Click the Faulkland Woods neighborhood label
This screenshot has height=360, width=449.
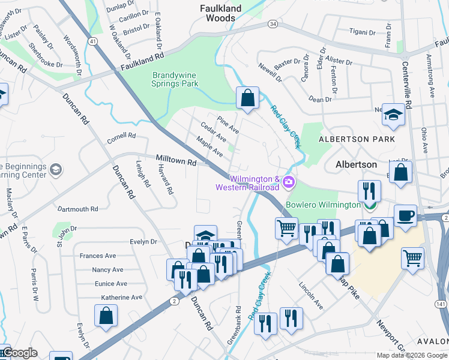(x=220, y=13)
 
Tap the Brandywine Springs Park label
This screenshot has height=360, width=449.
(x=175, y=79)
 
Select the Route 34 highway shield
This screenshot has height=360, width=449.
(x=273, y=23)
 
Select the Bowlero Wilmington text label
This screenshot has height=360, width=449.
(x=323, y=205)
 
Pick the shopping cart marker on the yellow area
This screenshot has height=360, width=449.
(x=412, y=258)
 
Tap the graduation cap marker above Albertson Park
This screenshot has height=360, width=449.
(x=393, y=115)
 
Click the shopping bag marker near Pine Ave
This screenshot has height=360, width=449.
(x=247, y=97)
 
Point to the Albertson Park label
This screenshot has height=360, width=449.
(x=357, y=139)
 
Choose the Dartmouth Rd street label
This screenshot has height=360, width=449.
(x=77, y=209)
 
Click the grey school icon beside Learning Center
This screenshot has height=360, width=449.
(x=56, y=170)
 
